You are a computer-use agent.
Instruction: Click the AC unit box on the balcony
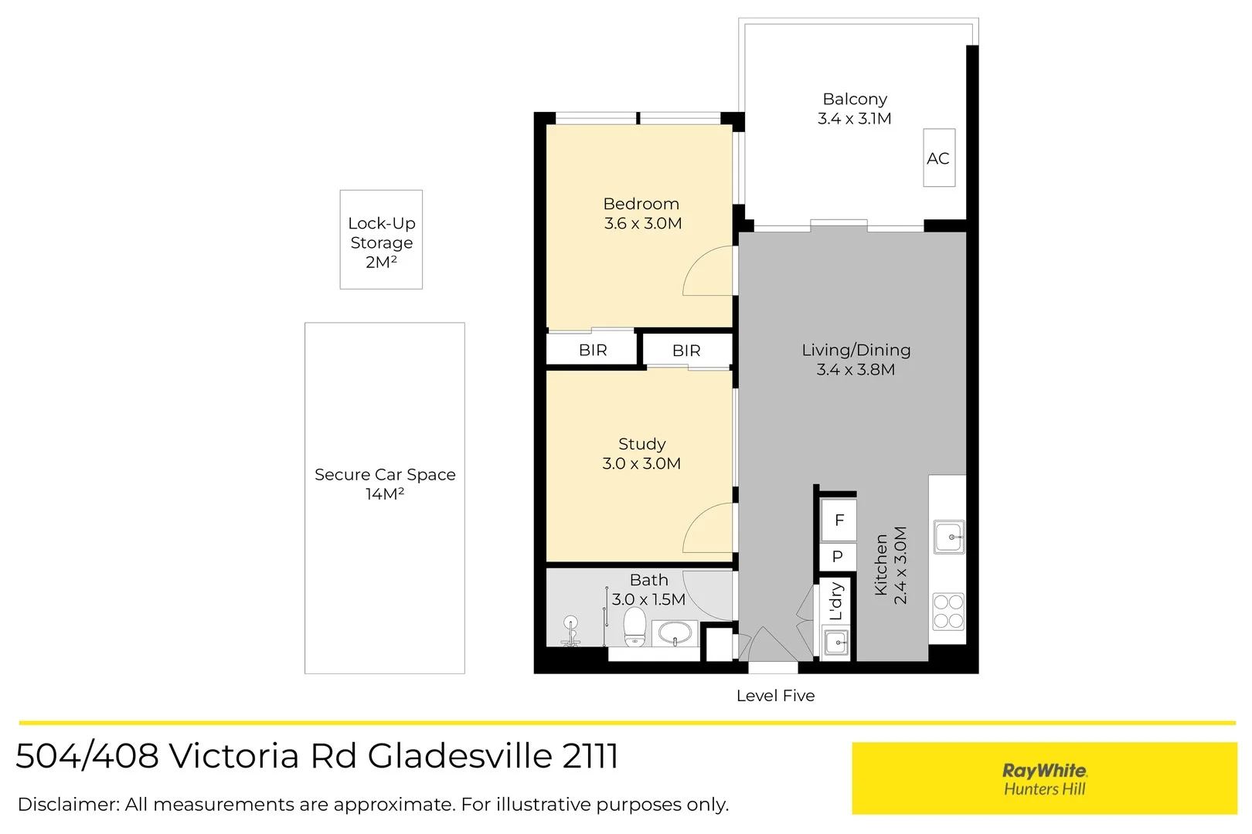point(939,158)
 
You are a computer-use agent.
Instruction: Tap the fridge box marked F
point(839,520)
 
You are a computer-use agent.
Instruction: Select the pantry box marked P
point(838,556)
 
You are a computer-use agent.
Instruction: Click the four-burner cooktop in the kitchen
point(948,612)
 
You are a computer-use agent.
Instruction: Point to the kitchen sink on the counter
point(949,537)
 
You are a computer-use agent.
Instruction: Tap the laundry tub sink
point(836,642)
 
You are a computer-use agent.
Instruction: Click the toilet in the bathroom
point(635,626)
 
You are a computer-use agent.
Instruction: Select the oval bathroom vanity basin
point(675,633)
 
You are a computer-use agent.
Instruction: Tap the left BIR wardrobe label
point(593,351)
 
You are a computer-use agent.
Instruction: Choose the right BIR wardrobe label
point(686,351)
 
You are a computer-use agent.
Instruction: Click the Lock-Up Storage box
point(381,239)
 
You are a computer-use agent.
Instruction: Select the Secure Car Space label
point(385,474)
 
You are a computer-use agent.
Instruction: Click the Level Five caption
point(775,696)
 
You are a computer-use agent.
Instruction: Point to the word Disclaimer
point(69,805)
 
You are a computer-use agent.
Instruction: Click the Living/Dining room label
point(856,351)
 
